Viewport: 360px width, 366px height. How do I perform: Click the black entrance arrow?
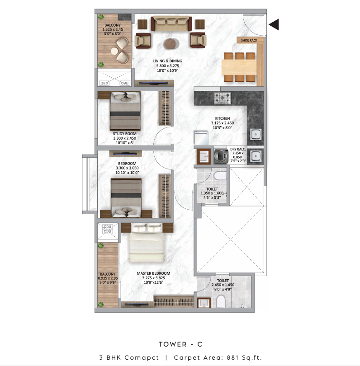coord(274,24)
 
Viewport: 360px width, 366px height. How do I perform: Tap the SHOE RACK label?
coord(249,40)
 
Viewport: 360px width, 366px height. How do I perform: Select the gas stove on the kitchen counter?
coord(223,98)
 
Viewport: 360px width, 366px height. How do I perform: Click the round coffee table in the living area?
coord(171,44)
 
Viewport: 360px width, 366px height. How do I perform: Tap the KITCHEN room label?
coord(223,118)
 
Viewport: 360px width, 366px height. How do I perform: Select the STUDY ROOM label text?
coord(124,134)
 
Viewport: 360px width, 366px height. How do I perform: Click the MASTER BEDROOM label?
coord(153,273)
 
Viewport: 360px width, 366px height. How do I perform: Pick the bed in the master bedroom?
coord(147,243)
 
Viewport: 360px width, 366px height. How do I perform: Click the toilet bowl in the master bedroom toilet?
coord(221,301)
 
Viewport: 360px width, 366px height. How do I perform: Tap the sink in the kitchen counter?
coord(256,135)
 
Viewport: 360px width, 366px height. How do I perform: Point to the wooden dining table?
coord(239,67)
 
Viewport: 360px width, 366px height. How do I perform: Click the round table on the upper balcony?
coord(115,51)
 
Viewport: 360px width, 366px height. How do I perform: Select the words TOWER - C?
coord(180,344)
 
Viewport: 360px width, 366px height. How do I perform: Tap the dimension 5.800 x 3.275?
coord(168,66)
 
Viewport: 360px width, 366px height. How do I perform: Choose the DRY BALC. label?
coord(238,149)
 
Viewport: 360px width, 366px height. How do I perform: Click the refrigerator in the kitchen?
coord(201,138)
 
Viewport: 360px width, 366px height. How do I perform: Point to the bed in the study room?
coord(125,111)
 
